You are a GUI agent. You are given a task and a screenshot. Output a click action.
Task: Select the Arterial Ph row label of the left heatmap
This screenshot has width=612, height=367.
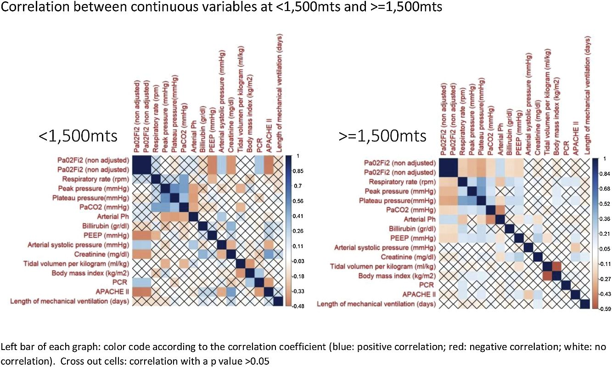[113, 216]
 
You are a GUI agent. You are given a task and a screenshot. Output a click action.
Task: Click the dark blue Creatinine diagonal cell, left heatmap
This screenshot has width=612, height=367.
[231, 254]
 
